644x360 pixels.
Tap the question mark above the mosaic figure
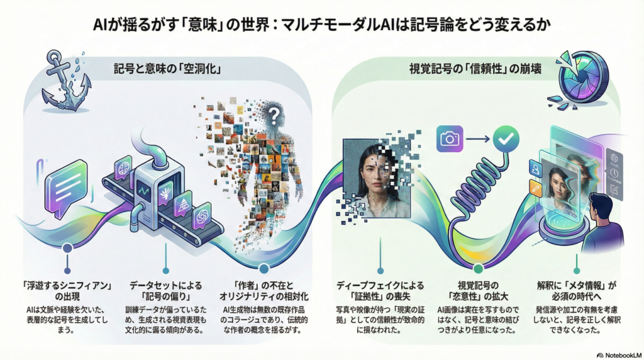click(272, 115)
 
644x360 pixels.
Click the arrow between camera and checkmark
click(478, 138)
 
